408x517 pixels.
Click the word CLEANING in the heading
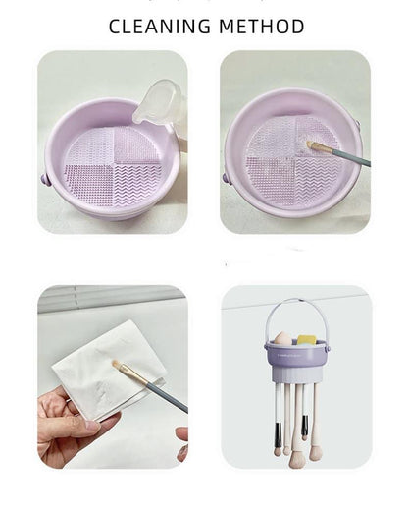coord(159,27)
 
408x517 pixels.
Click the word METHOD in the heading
coord(262,27)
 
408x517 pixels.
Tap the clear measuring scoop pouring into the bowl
coord(157,102)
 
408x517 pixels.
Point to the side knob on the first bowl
coord(45,179)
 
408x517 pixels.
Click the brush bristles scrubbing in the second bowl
coord(314,145)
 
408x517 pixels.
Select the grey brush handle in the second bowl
coord(351,157)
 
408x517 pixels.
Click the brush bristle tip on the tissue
coord(116,364)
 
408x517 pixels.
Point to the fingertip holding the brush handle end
coord(182,431)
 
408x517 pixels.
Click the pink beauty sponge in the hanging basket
coord(281,338)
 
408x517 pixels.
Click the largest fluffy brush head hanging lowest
coord(296,459)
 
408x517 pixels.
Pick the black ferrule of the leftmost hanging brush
coord(278,434)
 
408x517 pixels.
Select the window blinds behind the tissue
coord(112,298)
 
